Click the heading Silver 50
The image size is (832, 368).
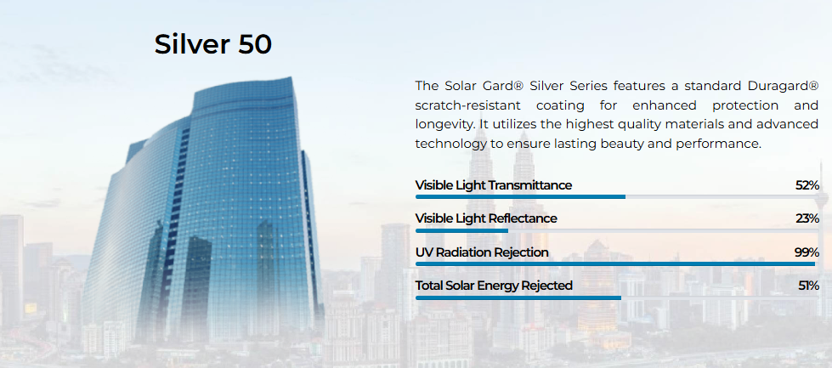coord(212,44)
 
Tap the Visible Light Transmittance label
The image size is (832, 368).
coord(494,185)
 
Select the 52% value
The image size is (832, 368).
coord(807,185)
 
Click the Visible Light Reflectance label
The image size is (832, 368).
coord(486,218)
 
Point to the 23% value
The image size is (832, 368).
coord(807,218)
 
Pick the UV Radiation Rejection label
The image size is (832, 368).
coord(482,252)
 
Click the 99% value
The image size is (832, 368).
coord(807,252)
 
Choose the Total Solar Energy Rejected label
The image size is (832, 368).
coord(494,286)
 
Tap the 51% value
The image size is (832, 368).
coord(809,286)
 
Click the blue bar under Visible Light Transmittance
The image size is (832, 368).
coord(520,196)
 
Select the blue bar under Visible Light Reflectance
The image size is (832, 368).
coord(461,230)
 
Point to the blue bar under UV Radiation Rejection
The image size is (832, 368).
coord(615,263)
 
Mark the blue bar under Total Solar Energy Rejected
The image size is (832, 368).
coord(518,297)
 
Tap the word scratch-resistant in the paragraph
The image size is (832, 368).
coord(468,105)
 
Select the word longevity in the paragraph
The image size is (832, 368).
coord(442,125)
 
